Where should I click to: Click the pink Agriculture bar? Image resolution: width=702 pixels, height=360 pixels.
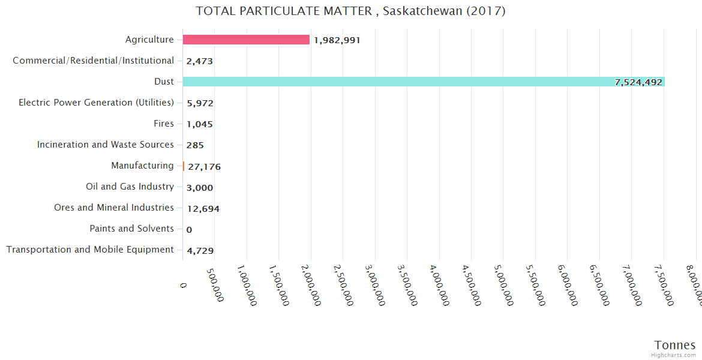coord(246,40)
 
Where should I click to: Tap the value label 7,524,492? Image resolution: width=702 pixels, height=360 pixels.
coord(638,82)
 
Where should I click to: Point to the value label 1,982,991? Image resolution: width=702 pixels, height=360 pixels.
coord(337,40)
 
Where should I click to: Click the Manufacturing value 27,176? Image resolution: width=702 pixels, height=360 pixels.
coord(204,167)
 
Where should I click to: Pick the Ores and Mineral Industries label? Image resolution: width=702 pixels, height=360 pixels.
coord(114,208)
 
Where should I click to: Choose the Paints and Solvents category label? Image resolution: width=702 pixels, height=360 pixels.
coord(131,229)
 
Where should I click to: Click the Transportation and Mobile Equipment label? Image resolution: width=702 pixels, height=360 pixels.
coord(90,250)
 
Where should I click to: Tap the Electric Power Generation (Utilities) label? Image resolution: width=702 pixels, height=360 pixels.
coord(96,103)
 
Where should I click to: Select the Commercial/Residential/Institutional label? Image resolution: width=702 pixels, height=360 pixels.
coord(93,61)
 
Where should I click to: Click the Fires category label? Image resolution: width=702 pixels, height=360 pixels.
coord(163,124)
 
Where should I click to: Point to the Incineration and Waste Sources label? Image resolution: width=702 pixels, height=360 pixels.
coord(106,145)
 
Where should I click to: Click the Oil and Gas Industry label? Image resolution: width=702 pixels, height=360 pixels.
coord(130,187)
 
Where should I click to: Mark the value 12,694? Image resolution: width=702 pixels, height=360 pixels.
coord(203,209)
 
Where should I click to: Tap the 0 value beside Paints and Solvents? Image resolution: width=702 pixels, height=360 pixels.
coord(189,230)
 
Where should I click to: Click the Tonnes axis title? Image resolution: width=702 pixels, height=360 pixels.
coord(674,345)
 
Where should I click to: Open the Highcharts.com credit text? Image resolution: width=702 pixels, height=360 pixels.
coord(673,355)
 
